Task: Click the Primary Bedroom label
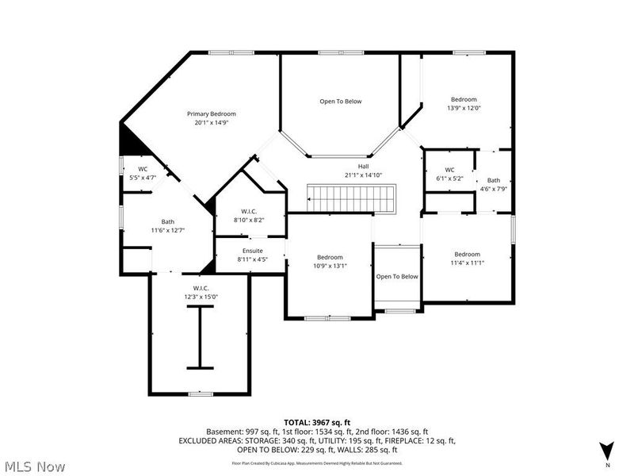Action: coord(211,113)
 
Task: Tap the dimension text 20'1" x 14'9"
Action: coord(211,123)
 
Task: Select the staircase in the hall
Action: coord(351,198)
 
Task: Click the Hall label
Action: coord(363,166)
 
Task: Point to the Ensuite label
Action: coord(252,251)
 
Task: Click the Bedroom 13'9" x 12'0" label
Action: coord(465,99)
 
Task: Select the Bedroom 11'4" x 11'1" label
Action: coord(467,255)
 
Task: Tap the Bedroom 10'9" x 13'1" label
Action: coord(330,257)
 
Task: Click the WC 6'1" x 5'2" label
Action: coord(449,170)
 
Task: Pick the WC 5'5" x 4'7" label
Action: coord(143,169)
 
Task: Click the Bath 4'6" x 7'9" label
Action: coord(494,180)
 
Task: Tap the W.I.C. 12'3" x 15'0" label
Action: coord(200,288)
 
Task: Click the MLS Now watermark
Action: coord(33,466)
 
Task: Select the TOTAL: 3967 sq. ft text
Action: coord(317,421)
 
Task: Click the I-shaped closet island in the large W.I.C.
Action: coord(200,338)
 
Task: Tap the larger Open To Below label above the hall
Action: coord(341,101)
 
